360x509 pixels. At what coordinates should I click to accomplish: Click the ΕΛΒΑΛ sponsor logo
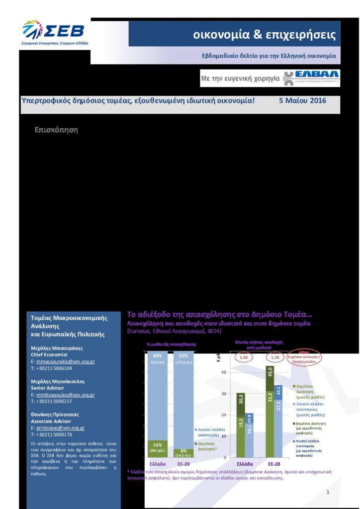pos(311,78)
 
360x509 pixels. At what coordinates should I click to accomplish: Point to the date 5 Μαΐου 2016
pos(302,100)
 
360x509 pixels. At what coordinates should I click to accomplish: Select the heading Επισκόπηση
pos(56,130)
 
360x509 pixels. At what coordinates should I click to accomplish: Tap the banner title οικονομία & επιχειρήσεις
pos(264,35)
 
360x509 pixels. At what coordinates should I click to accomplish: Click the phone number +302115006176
pos(51,434)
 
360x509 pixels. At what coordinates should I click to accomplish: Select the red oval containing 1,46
pos(244,357)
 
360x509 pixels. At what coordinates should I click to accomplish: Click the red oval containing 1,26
pos(274,357)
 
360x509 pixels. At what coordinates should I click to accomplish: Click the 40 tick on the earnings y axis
pos(224,372)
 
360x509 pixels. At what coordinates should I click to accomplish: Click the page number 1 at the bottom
pos(328,492)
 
